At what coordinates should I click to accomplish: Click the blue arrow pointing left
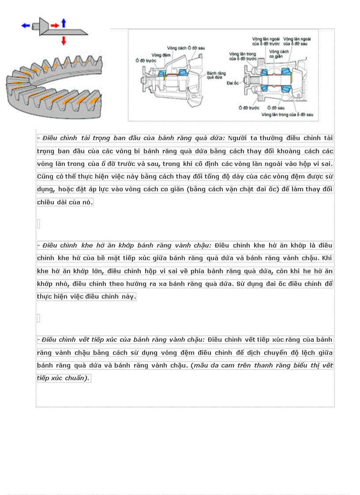click(26, 26)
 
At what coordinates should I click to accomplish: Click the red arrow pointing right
click(55, 26)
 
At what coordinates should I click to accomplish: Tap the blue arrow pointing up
click(64, 23)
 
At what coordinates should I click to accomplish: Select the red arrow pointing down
click(64, 41)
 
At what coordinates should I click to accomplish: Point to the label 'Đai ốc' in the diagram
click(232, 82)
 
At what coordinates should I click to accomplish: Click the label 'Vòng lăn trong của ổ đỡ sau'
click(287, 114)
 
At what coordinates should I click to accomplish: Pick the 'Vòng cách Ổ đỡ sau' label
click(186, 47)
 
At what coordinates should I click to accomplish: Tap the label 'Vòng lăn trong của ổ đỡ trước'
click(242, 56)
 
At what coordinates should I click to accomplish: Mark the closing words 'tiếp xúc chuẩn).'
click(64, 378)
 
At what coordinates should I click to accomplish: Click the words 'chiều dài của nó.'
click(65, 202)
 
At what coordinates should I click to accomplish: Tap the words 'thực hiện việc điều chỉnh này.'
click(86, 297)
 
